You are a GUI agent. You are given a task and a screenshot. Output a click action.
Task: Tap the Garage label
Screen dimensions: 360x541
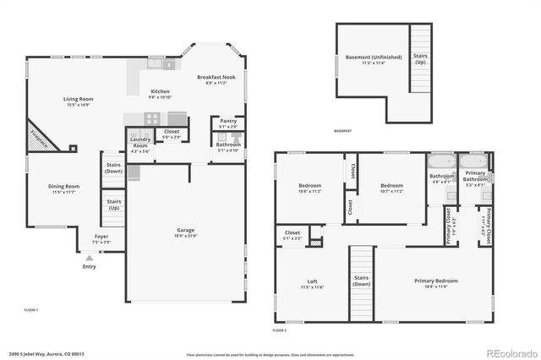[185, 232]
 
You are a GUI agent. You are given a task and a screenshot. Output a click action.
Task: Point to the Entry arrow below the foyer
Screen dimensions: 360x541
[89, 257]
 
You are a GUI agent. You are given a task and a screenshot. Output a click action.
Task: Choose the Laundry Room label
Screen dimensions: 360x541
[139, 143]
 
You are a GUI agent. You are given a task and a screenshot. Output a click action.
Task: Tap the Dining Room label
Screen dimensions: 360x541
[63, 188]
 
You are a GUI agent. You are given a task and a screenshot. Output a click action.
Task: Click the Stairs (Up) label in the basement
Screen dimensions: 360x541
[420, 60]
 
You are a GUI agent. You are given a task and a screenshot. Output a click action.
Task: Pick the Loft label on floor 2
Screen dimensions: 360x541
[312, 283]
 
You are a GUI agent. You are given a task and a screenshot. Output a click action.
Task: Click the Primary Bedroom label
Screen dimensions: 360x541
[435, 283]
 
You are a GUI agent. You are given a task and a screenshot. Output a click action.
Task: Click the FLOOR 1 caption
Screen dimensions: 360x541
[32, 310]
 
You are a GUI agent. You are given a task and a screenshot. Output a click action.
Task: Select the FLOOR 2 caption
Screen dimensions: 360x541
[280, 330]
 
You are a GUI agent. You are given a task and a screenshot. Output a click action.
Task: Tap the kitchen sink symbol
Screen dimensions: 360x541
[156, 63]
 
